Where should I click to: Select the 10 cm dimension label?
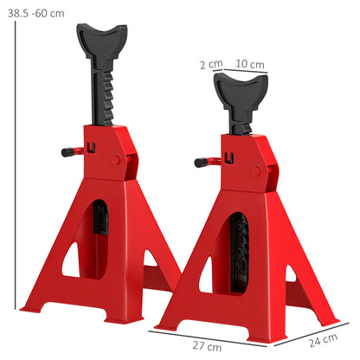[x=251, y=64]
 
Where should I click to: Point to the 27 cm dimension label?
[x=228, y=347]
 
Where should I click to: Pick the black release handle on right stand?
[x=202, y=161]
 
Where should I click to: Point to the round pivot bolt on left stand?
[x=118, y=159]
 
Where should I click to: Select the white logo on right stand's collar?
[x=228, y=157]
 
